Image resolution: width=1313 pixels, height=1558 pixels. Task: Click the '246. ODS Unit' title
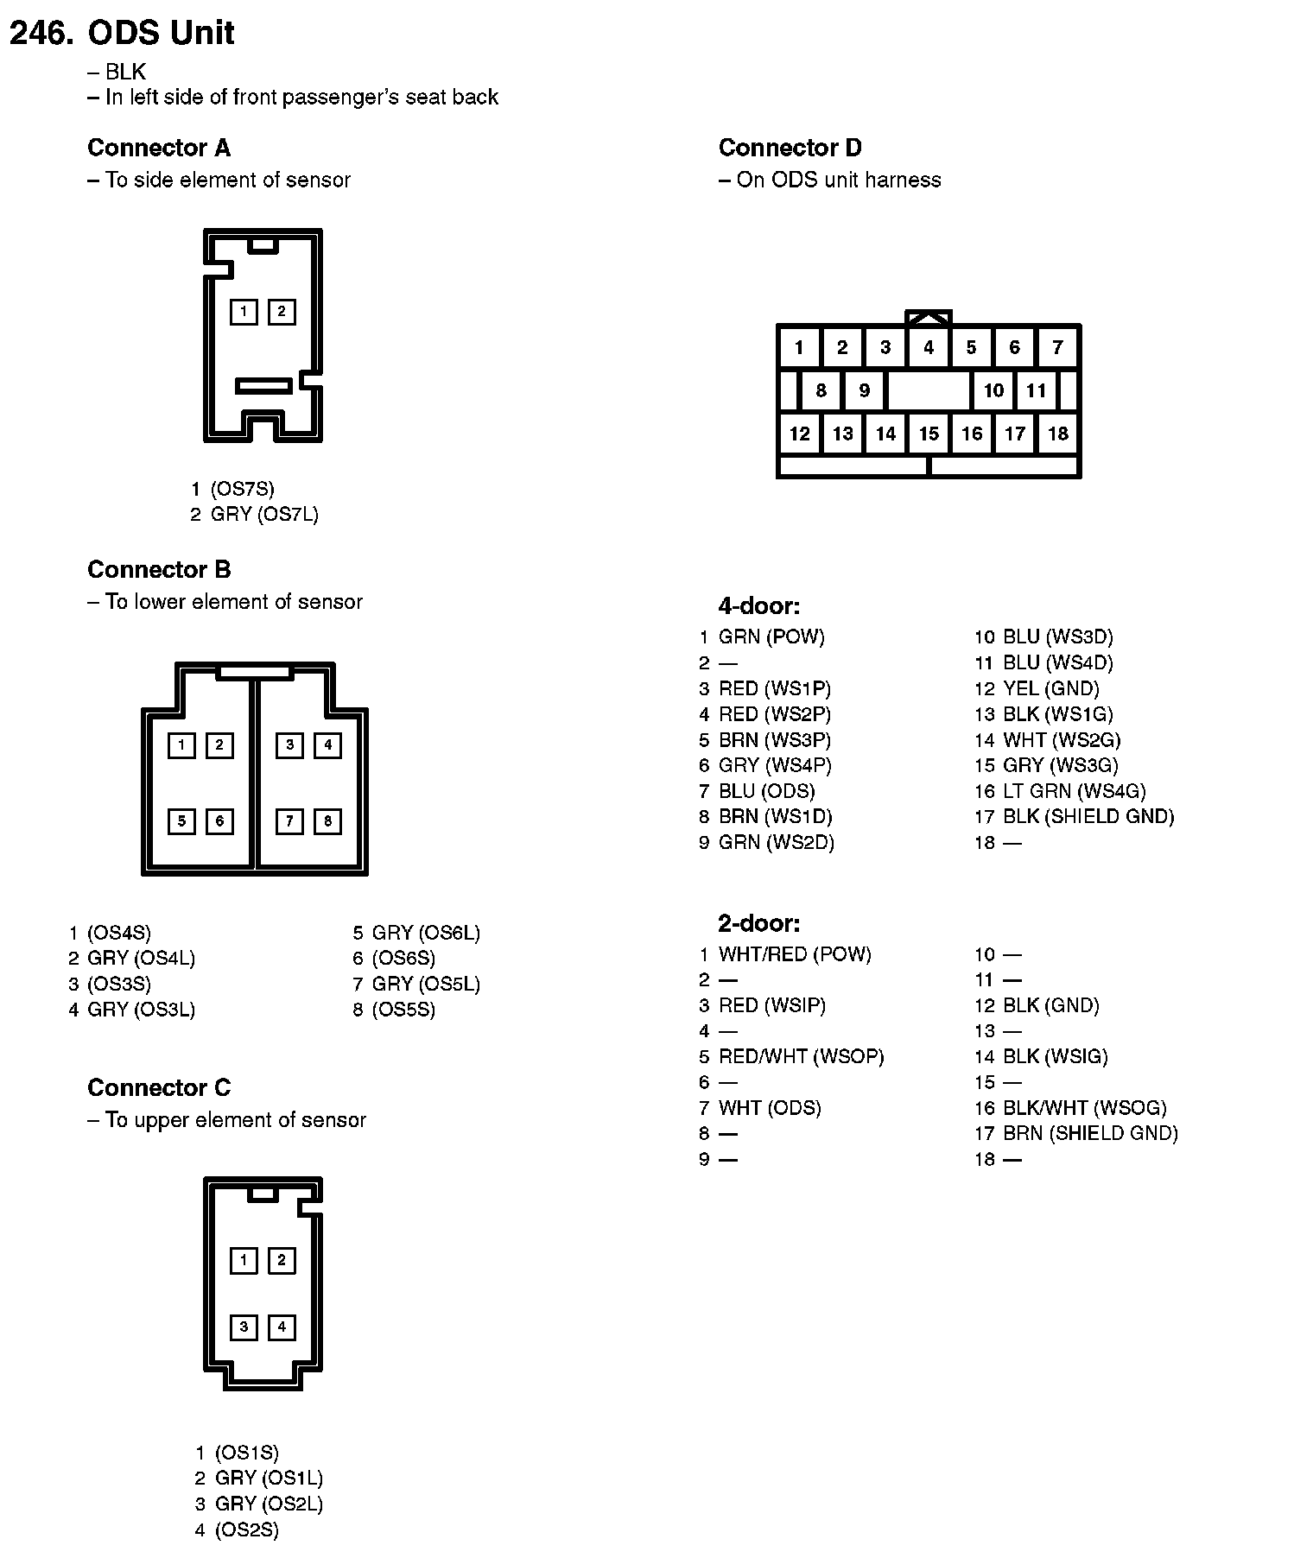[122, 33]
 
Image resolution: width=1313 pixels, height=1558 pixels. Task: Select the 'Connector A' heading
[159, 149]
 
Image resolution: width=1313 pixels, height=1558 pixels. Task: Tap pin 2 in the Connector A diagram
[281, 312]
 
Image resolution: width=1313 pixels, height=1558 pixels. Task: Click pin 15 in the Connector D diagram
[929, 434]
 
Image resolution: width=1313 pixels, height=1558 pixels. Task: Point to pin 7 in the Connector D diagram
[1057, 347]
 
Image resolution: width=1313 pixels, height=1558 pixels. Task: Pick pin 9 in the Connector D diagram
[864, 390]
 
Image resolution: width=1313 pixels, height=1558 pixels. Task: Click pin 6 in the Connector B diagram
[219, 820]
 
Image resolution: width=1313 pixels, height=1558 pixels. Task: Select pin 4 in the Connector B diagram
[327, 744]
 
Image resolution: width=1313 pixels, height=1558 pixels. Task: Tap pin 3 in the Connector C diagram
[244, 1327]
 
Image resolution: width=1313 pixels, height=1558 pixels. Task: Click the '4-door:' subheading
[759, 606]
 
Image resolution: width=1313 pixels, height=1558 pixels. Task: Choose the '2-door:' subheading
[759, 924]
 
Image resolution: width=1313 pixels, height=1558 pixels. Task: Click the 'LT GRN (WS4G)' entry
[1074, 791]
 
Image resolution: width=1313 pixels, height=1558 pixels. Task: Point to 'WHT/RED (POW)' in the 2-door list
[795, 954]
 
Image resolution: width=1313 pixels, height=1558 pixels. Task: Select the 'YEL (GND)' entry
[1050, 689]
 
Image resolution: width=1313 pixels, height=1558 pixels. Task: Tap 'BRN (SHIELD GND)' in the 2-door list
[1090, 1133]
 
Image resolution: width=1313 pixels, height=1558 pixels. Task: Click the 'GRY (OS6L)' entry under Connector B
[426, 933]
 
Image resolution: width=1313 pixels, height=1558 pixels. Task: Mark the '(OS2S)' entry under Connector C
[247, 1530]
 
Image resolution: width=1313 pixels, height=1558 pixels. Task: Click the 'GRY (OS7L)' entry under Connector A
[264, 515]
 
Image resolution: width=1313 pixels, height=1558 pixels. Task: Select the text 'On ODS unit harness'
[838, 180]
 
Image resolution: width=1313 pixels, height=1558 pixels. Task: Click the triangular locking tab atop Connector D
[929, 317]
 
